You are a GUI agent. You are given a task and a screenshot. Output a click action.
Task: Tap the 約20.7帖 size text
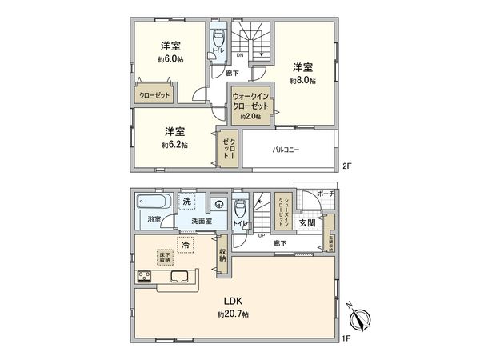point(233,314)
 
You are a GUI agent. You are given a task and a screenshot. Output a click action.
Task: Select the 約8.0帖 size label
point(302,81)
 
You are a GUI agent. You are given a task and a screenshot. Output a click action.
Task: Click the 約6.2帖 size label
point(174,145)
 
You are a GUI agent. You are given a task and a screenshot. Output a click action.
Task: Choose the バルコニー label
point(286,150)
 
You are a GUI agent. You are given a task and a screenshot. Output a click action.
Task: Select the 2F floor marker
point(346,166)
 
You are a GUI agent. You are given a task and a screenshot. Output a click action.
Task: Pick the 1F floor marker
point(346,339)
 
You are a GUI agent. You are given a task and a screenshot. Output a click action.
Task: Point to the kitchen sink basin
point(179,278)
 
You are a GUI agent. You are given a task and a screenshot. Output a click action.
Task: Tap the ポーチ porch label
point(325,194)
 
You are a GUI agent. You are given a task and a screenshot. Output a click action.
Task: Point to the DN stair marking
point(241,56)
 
